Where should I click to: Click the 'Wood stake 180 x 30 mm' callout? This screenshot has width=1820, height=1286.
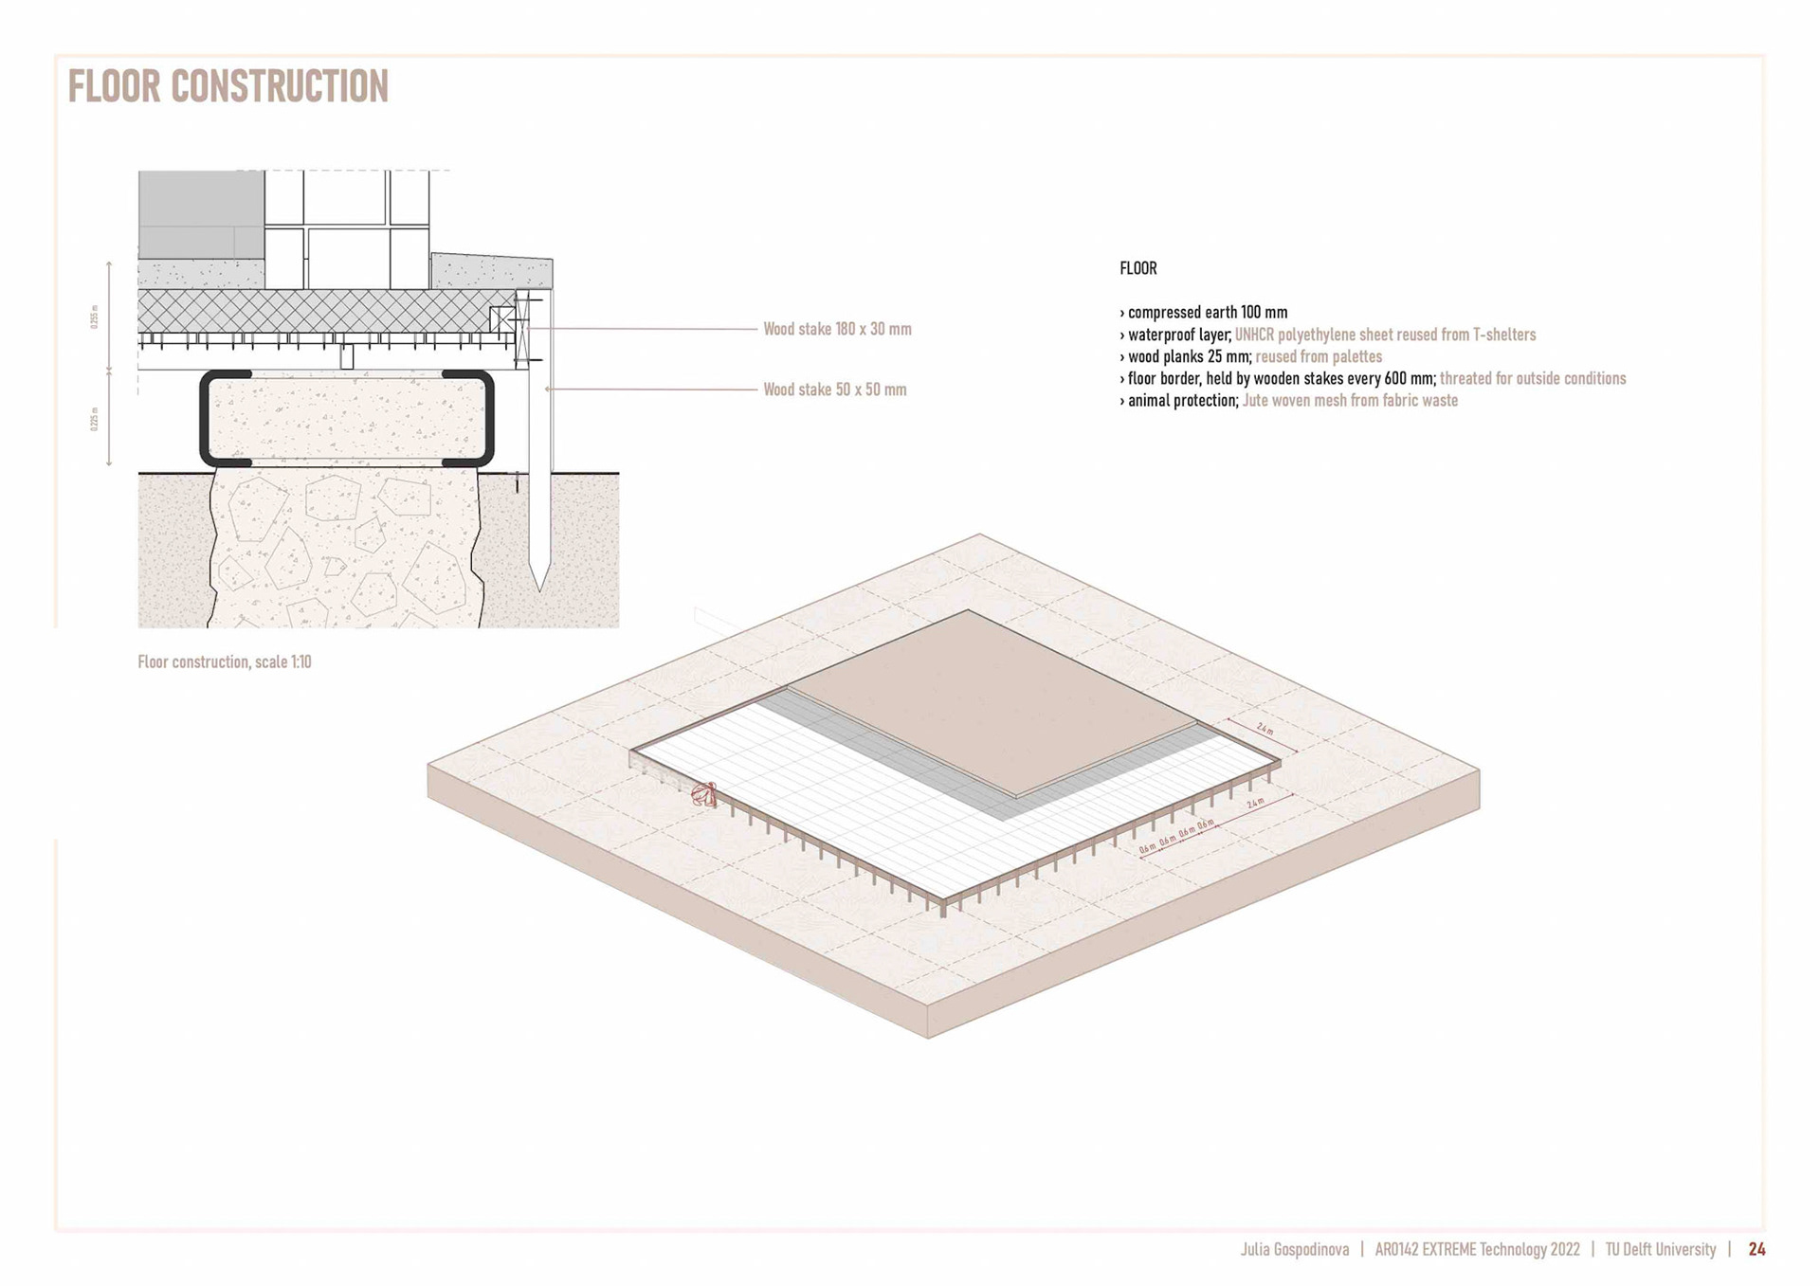(837, 329)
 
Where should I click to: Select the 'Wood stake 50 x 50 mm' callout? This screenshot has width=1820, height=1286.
(834, 389)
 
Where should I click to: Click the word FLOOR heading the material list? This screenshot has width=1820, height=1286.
(1137, 268)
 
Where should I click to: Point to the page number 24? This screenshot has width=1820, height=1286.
(1756, 1249)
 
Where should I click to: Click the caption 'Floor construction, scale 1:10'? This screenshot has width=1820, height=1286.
(225, 661)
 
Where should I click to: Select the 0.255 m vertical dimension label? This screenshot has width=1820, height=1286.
(95, 316)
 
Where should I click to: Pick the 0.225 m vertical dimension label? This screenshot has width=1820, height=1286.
(95, 418)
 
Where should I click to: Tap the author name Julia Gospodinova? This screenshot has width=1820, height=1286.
(1294, 1249)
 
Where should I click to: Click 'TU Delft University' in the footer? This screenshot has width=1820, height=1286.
(1660, 1249)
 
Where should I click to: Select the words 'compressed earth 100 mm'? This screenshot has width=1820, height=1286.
(1208, 312)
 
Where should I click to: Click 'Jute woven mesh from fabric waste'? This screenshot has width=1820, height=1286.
(1350, 400)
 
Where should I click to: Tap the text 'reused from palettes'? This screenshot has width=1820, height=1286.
(1319, 356)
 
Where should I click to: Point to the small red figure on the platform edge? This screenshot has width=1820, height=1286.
(704, 794)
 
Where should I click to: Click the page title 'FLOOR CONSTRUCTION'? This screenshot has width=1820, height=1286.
(228, 86)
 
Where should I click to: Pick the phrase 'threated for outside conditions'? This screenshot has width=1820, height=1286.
(1533, 378)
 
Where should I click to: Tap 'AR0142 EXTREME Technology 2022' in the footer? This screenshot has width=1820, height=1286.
(1477, 1249)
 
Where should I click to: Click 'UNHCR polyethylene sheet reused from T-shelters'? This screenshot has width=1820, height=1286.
(1385, 335)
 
